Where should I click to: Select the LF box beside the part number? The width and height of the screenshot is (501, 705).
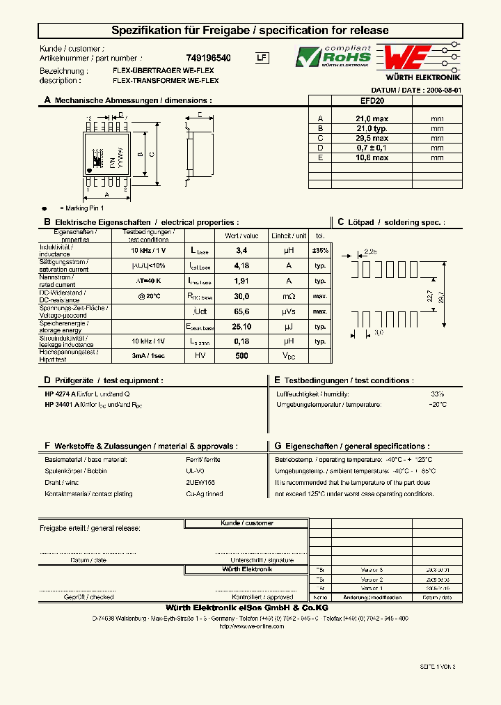coord(261,59)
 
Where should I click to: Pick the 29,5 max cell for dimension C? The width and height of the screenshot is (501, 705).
coord(372,138)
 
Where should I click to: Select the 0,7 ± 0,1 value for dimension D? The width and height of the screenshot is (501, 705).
coord(372,148)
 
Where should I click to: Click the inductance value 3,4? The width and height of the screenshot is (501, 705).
coord(241,249)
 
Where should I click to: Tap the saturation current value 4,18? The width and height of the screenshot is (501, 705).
coord(241,265)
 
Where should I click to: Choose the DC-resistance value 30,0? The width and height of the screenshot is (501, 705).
coord(241,296)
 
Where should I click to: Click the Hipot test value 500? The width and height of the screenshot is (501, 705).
coord(241,355)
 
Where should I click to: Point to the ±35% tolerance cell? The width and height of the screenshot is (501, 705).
coord(320,249)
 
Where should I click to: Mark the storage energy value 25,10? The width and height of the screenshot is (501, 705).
coord(241,326)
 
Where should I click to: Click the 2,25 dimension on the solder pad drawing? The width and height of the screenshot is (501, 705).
coord(370,251)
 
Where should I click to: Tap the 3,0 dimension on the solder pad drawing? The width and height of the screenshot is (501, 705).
coord(379,333)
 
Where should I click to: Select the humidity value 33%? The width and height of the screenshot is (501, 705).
coord(437,394)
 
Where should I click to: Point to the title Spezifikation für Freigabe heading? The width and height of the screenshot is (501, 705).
coord(250,31)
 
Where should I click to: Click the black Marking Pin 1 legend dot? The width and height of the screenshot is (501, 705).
coord(45,208)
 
